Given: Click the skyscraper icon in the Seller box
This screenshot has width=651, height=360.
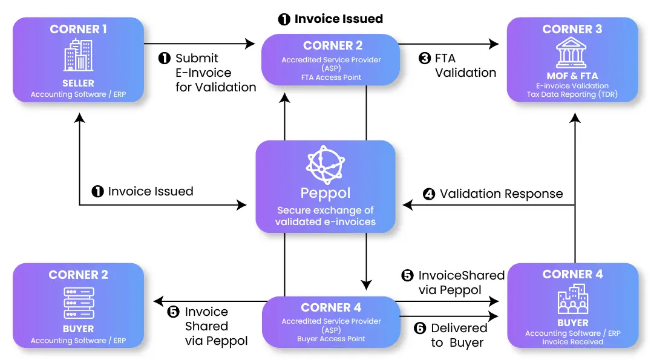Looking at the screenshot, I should pyautogui.click(x=78, y=56).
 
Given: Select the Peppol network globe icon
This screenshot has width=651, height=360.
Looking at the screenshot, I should pyautogui.click(x=325, y=165).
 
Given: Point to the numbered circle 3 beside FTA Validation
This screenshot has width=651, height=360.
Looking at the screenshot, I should pyautogui.click(x=425, y=59).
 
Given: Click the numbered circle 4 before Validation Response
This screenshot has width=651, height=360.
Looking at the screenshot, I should pyautogui.click(x=429, y=195).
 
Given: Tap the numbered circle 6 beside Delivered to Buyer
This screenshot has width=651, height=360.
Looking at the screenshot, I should pyautogui.click(x=420, y=329).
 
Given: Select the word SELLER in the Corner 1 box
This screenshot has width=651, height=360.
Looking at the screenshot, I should pyautogui.click(x=78, y=83).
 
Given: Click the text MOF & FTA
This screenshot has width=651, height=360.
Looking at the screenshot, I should pyautogui.click(x=571, y=76).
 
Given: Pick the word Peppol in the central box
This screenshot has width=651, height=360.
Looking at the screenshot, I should pyautogui.click(x=325, y=194).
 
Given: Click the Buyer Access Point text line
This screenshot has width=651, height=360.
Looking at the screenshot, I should pyautogui.click(x=331, y=339).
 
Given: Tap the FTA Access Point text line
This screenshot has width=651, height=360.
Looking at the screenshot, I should pyautogui.click(x=331, y=77).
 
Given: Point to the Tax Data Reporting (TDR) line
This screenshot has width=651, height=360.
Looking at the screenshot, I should pyautogui.click(x=572, y=94).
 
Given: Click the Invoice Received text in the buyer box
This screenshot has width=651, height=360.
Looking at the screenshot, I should pyautogui.click(x=572, y=342).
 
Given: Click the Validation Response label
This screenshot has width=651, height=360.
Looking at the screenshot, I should pyautogui.click(x=501, y=194).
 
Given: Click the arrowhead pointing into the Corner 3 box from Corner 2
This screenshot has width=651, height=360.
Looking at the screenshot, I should pyautogui.click(x=494, y=44).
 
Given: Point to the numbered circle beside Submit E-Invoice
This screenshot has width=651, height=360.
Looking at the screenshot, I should pyautogui.click(x=165, y=59).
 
